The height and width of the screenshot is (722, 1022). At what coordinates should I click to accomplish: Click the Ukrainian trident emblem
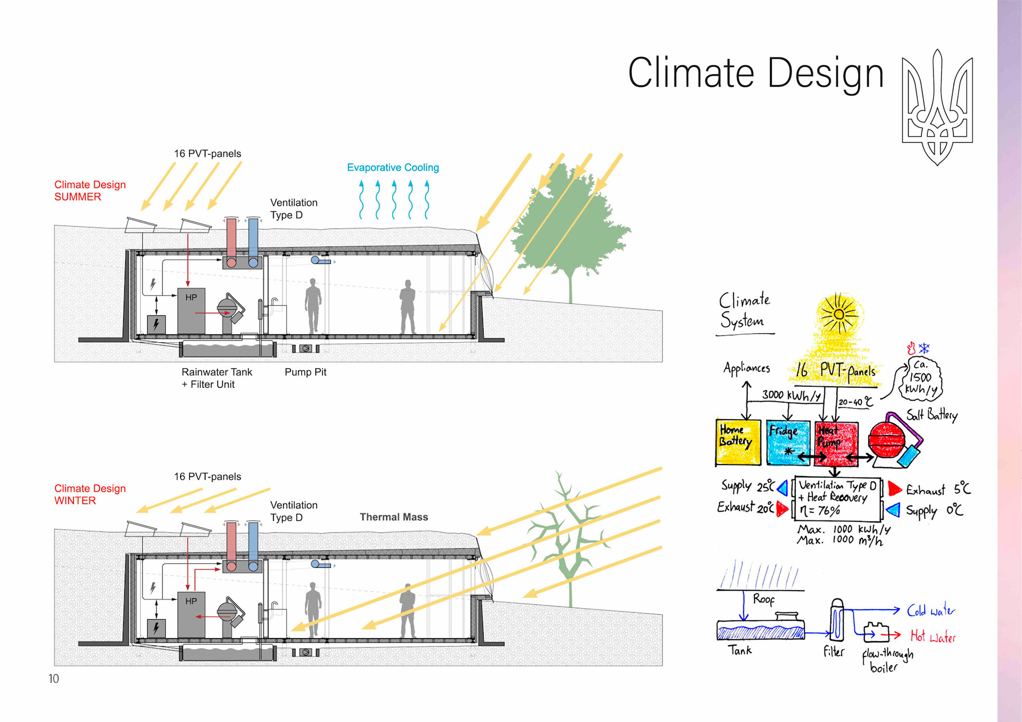(x=937, y=106)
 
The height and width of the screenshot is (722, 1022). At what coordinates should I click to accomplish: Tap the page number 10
(x=53, y=678)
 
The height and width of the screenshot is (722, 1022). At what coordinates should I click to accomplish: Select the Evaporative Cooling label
(x=393, y=168)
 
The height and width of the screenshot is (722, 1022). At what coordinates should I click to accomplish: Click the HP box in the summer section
(x=191, y=311)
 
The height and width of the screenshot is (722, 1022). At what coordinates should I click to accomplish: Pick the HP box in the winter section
(x=191, y=614)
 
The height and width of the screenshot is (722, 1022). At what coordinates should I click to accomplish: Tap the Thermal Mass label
(x=393, y=517)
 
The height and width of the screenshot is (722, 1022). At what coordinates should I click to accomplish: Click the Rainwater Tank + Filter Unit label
(x=217, y=378)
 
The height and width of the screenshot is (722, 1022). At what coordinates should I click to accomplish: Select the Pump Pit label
(x=305, y=372)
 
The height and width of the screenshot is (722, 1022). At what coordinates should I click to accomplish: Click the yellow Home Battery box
(x=738, y=442)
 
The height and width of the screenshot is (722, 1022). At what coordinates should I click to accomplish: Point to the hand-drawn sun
(x=838, y=314)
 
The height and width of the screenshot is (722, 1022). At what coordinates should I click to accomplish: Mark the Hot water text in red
(x=933, y=636)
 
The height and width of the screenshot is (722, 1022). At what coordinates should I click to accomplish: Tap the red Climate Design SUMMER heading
(x=90, y=190)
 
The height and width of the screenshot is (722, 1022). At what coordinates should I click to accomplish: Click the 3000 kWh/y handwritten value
(x=792, y=395)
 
